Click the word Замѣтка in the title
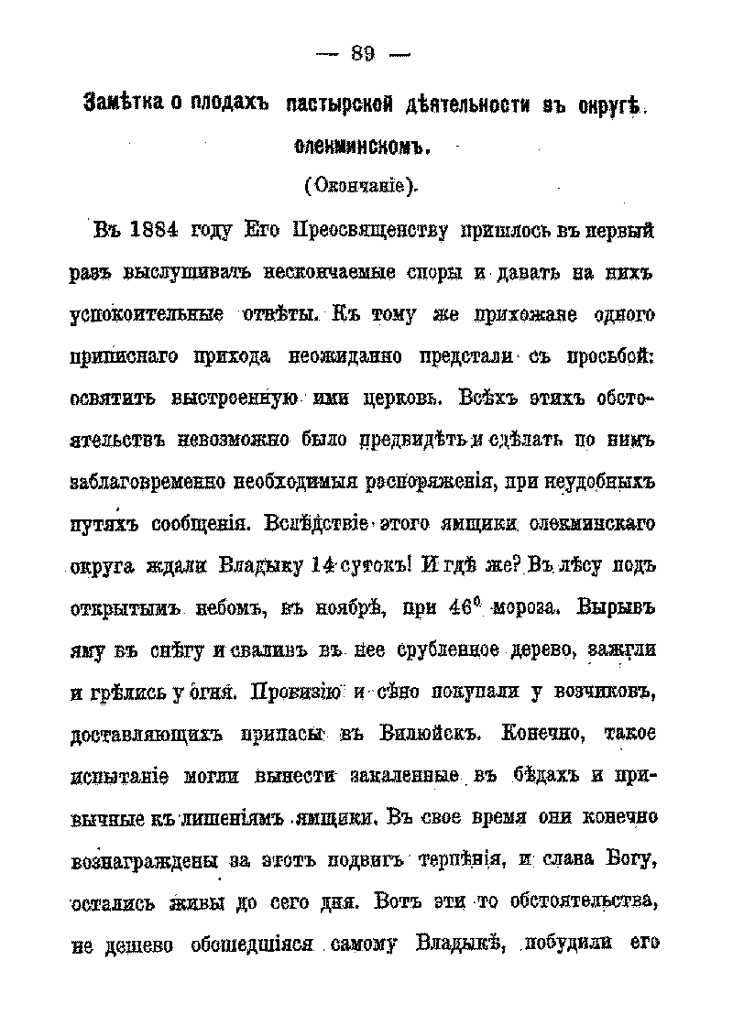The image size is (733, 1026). tap(123, 103)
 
